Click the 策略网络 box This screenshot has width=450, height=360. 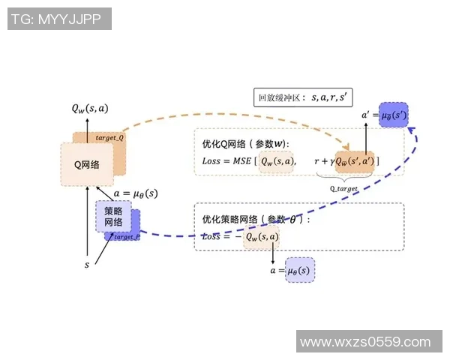point(113,217)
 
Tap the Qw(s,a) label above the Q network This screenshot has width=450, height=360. point(90,109)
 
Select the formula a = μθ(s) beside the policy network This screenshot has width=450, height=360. point(135,193)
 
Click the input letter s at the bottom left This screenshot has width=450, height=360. point(88,265)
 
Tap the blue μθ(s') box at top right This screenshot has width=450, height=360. point(393,115)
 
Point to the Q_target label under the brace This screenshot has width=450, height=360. point(343,189)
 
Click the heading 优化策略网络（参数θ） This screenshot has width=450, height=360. point(255,220)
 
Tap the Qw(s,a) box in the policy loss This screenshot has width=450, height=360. point(261,238)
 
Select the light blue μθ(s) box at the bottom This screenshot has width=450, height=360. point(299,270)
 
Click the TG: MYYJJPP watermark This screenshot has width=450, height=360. point(59,19)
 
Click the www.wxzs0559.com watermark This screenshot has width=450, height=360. point(366,342)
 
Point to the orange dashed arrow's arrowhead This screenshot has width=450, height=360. point(347,148)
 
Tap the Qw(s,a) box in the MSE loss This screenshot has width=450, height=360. point(277,161)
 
